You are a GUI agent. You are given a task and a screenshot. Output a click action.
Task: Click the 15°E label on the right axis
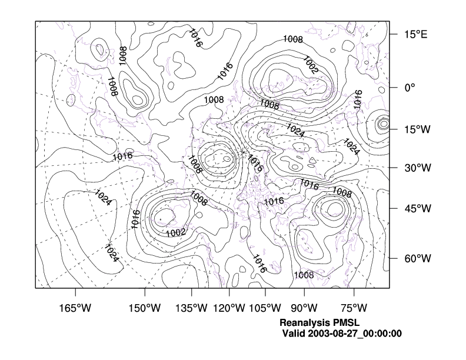click(415, 35)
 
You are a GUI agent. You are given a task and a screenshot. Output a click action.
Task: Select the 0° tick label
click(410, 87)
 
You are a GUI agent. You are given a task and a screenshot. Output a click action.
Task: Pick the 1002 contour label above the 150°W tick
click(176, 232)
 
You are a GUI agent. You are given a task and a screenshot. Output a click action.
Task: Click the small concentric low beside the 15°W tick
click(384, 124)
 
